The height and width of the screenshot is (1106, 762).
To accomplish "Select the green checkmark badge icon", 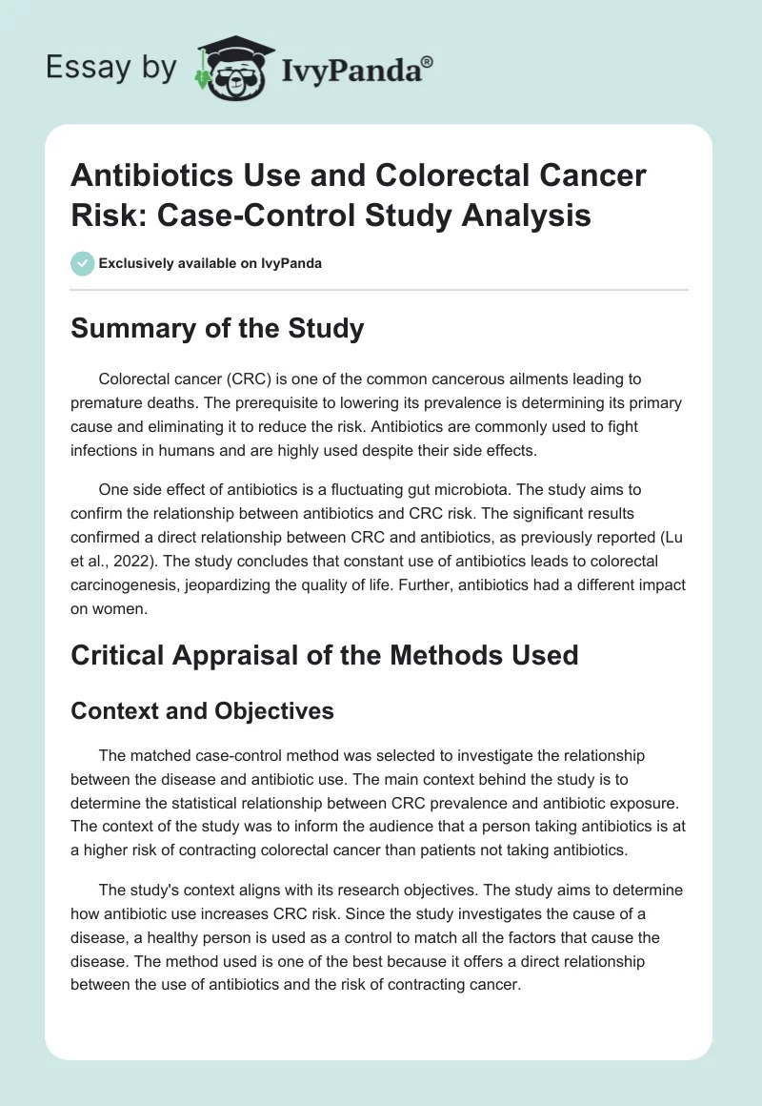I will tap(83, 263).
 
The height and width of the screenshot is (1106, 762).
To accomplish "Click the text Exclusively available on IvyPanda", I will tap(210, 263).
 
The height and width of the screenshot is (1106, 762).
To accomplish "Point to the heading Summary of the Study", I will tap(218, 329).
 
